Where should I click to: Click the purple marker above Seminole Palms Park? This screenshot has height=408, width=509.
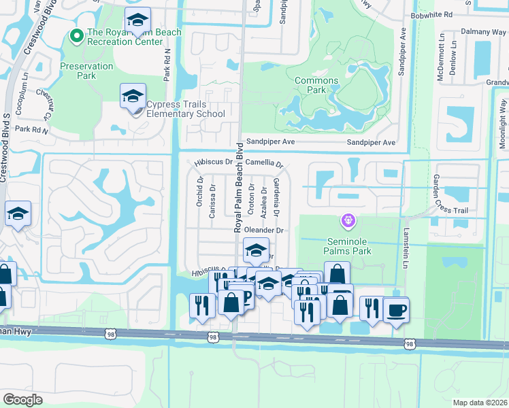tap(348, 221)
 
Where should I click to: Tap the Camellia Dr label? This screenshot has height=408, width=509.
tap(264, 163)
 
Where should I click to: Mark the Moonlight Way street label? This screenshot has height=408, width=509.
tap(502, 133)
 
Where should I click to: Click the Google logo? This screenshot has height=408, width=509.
tap(22, 399)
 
